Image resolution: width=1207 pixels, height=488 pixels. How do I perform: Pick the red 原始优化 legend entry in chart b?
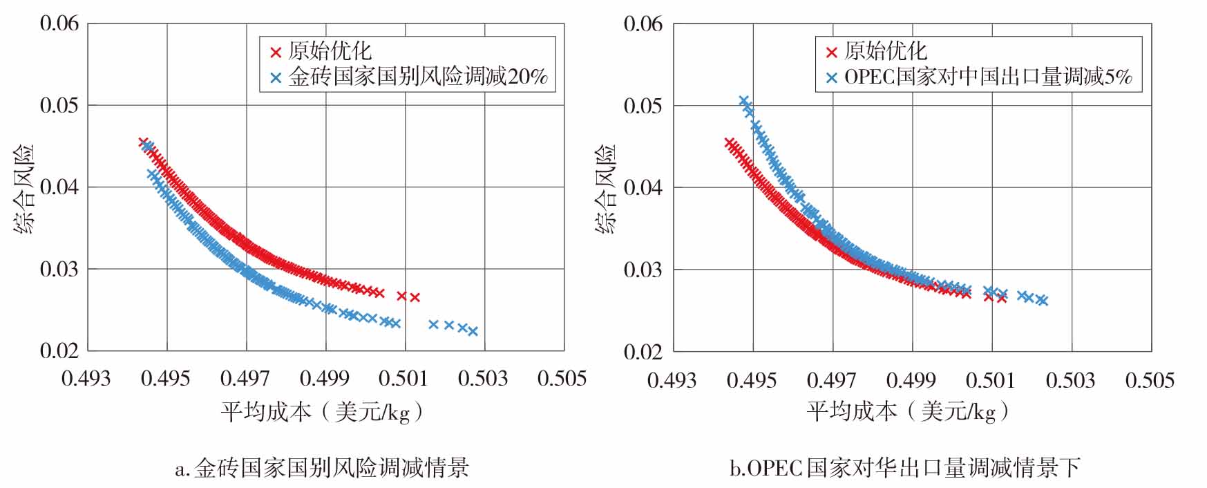876,51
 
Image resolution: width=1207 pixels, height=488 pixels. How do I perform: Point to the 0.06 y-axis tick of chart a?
59,24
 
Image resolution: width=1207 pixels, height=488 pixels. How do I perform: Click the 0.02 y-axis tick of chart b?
643,351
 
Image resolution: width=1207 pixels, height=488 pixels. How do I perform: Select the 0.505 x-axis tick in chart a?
562,378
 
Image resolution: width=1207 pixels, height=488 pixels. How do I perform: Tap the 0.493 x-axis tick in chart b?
672,380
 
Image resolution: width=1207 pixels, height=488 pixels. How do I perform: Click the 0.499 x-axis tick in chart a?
324,378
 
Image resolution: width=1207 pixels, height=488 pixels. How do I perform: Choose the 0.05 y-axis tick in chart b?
643,106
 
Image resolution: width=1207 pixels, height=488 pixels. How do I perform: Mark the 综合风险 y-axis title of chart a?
25,188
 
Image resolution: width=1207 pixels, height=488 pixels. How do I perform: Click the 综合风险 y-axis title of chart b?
607,188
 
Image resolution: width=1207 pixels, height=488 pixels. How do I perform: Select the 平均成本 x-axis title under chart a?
322,413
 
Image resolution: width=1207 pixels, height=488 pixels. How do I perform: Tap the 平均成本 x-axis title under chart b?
908,413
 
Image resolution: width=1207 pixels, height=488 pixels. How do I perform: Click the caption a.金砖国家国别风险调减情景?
322,468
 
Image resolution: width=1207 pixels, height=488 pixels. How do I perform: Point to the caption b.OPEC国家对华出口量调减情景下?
905,468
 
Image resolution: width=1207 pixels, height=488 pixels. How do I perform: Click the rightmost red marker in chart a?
415,297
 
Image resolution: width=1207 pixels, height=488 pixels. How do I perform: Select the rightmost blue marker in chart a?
473,331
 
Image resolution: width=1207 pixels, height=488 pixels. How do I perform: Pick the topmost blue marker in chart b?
743,101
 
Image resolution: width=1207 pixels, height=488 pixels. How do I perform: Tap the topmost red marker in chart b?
729,142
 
